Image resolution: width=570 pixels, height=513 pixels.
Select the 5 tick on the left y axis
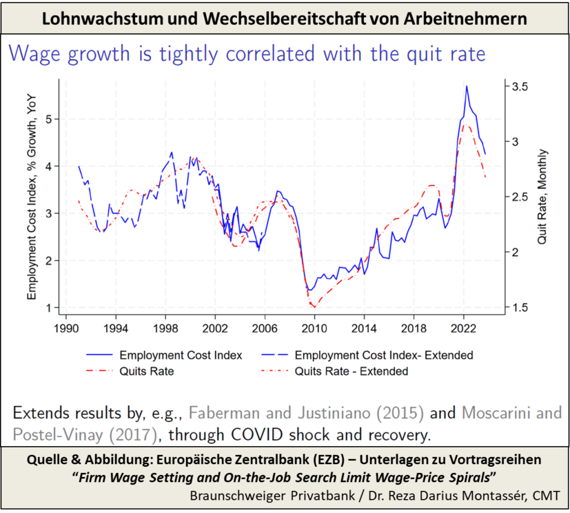[x=48, y=119]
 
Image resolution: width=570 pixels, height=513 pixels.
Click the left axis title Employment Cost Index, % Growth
[x=32, y=197]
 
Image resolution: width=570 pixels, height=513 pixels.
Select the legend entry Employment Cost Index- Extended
[x=383, y=356]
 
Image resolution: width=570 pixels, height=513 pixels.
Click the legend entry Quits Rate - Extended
[x=352, y=371]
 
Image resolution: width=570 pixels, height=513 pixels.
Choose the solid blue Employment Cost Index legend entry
[x=181, y=356]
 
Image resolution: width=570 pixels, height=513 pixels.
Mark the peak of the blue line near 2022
[x=467, y=86]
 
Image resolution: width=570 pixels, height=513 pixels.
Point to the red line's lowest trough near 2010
[x=314, y=307]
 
